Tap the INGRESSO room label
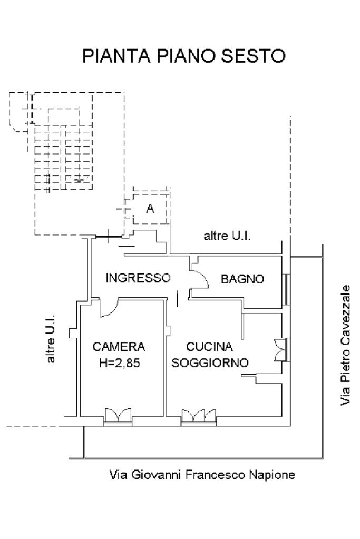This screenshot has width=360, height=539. click(138, 278)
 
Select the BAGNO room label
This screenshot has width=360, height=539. click(242, 278)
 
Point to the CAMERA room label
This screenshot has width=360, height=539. click(119, 347)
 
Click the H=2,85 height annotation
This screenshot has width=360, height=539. click(119, 363)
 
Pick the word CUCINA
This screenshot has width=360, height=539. click(209, 347)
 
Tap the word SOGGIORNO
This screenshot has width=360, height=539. click(210, 362)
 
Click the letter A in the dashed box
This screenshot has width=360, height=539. click(150, 208)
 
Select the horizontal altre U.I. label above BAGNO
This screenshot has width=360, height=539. click(227, 236)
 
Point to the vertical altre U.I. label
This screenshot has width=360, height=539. click(51, 338)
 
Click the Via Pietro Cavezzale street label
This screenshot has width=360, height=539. click(345, 345)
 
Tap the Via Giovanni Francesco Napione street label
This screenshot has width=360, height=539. click(202, 475)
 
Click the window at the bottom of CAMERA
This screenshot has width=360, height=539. click(118, 417)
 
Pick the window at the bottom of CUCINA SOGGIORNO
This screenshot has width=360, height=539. click(199, 417)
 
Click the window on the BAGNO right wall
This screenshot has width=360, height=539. click(285, 289)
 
